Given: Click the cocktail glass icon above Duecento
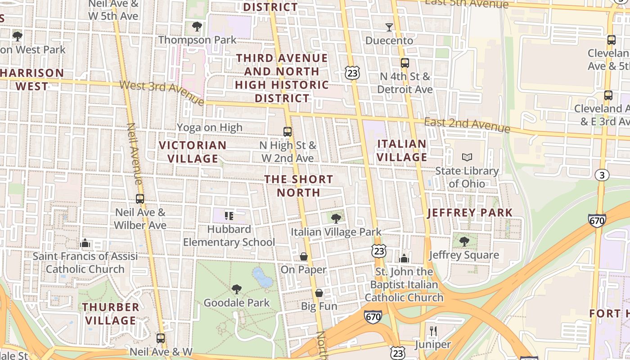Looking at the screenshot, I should coord(389,27).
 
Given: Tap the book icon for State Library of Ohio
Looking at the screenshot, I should coord(467,157).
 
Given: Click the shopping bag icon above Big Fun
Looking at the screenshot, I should coord(319,293).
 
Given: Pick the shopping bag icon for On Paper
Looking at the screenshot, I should coord(304,256).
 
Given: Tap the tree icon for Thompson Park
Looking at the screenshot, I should coord(197,27).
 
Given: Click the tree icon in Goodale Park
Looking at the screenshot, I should coord(236,289).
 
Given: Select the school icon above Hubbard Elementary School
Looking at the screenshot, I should coord(229,216).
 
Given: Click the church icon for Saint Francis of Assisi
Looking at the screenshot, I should coord(85,243).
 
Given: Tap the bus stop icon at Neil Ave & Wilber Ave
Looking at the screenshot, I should coord(140,199).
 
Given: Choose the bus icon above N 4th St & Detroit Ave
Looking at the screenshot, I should coord(405,63).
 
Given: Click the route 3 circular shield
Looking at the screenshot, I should coord(602,175).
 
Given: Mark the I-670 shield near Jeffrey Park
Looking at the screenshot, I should coord(597,220).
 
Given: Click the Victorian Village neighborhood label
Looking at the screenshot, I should coord(193,152).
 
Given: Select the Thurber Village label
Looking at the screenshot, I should coord(111,314).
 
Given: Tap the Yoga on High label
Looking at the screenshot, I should coord(209,128).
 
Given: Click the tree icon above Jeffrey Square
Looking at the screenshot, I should coord(464,242).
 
